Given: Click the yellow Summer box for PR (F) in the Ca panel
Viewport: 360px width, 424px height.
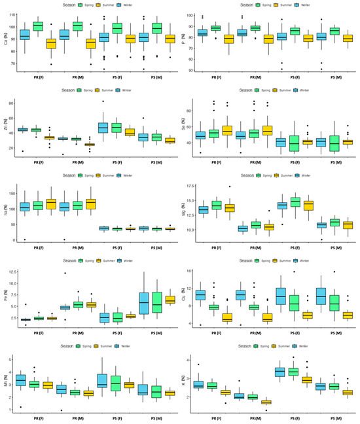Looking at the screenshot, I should [51, 44].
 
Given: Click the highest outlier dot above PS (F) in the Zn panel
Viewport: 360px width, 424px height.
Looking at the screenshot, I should [102, 101].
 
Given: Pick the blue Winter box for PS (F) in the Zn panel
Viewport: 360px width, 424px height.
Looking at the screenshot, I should [103, 127].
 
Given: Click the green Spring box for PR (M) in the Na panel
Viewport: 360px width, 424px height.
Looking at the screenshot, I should [77, 205].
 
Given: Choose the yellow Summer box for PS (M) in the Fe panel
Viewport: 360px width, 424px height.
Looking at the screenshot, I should [170, 300].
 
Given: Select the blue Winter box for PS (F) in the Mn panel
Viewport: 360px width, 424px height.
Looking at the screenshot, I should [103, 380].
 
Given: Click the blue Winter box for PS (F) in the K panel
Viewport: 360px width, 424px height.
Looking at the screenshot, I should [280, 372].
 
